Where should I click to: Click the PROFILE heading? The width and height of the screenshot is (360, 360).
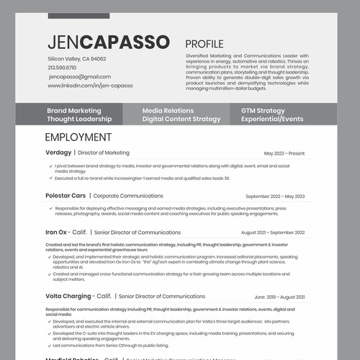(x=204, y=44)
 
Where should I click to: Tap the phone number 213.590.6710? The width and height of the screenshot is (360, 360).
(x=62, y=68)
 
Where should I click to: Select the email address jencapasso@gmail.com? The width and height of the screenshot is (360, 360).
(x=79, y=76)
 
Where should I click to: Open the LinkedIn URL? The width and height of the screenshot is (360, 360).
(x=90, y=85)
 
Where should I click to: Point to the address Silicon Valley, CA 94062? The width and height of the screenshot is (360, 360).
(x=76, y=59)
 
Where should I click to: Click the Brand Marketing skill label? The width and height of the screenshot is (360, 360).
(x=74, y=110)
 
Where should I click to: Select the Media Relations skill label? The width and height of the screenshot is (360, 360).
(x=168, y=110)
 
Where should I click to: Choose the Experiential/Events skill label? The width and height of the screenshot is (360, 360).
(x=272, y=119)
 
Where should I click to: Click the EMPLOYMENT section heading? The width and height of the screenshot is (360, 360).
(x=78, y=137)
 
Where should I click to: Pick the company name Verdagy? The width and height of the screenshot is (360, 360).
(x=58, y=153)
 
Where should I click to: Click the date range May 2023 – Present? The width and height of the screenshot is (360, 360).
(x=284, y=153)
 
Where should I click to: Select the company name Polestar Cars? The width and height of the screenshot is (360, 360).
(x=66, y=196)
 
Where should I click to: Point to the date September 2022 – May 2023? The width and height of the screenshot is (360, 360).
(x=275, y=196)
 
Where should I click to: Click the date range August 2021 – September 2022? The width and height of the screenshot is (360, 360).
(x=272, y=233)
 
